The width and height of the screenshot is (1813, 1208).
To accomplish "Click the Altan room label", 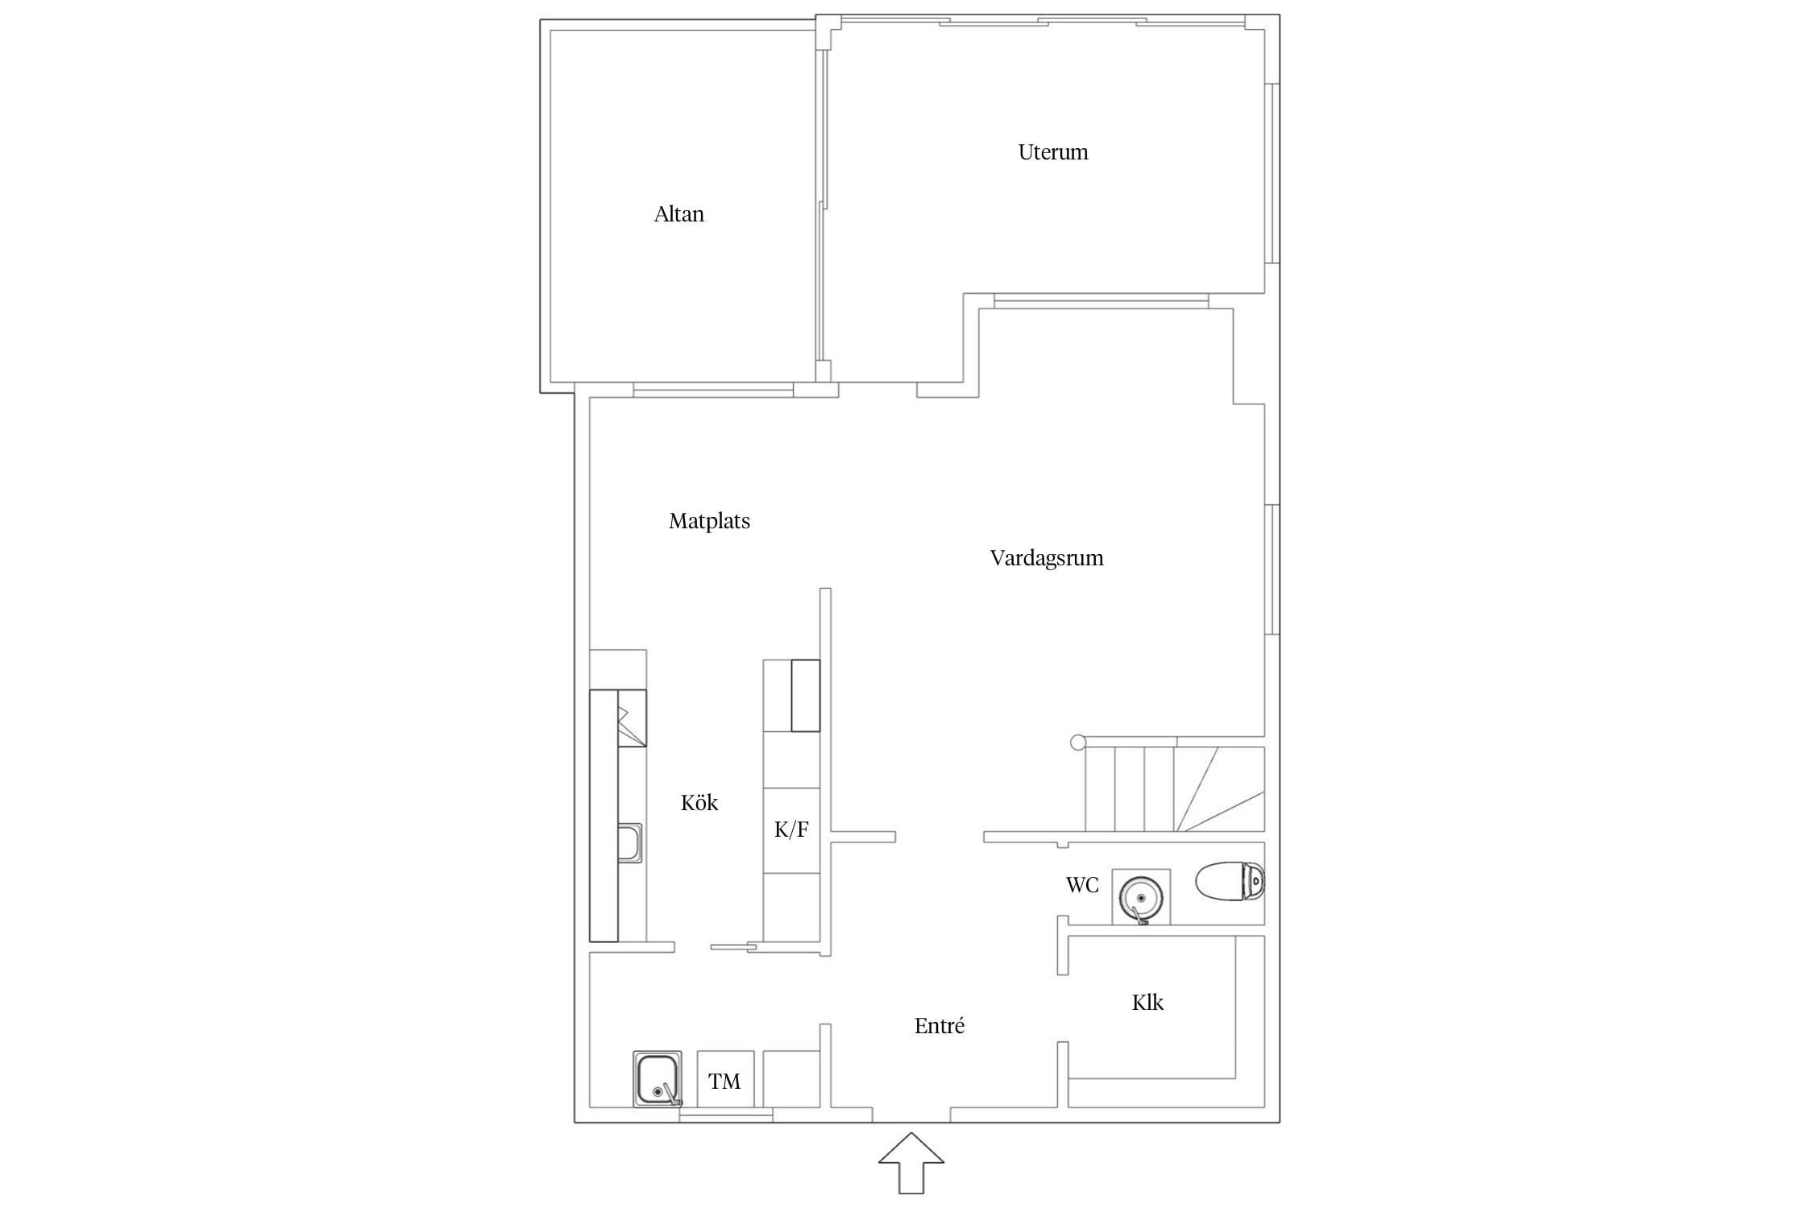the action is tap(678, 214).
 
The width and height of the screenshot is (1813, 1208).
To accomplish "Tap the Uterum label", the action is tap(1052, 152).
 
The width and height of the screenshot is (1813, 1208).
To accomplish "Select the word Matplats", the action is tap(709, 521).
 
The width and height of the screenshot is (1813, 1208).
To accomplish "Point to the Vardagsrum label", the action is tap(1047, 558).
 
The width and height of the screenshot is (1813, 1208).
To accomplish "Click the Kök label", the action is tap(699, 802).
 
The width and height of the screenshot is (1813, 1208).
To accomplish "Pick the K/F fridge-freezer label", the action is tap(791, 829).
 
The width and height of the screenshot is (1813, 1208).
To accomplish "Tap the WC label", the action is tap(1082, 885).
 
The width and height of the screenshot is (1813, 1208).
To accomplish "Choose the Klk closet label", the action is tap(1147, 1003).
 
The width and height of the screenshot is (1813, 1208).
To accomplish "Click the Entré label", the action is tap(940, 1026).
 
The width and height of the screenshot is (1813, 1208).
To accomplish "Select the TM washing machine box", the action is tap(725, 1079).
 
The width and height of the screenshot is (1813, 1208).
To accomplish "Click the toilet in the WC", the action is tap(1230, 881).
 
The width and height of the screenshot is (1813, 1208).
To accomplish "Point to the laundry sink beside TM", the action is tap(658, 1079).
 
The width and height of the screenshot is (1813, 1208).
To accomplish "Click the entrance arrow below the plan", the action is tap(911, 1162).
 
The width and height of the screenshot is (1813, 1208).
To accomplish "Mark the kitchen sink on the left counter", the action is tap(630, 842).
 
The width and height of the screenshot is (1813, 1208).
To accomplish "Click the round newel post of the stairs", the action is tap(1078, 743).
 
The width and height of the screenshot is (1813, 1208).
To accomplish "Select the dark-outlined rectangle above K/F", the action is tap(806, 696).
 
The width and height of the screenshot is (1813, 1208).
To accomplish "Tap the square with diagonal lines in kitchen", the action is tap(633, 718).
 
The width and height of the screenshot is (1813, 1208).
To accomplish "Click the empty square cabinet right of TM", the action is tap(791, 1079).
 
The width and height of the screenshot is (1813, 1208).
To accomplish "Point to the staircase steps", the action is tap(1175, 789).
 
